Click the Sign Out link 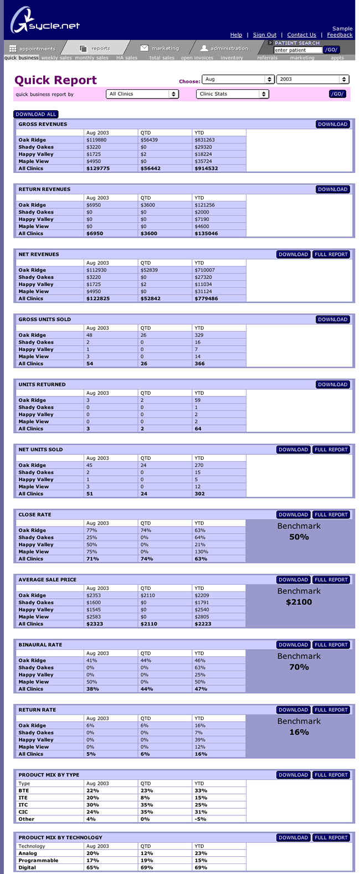click(265, 35)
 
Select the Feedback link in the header click(340, 35)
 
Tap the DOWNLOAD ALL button click(36, 114)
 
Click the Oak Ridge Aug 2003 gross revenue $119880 click(96, 140)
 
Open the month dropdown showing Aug click(238, 79)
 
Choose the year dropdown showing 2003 click(312, 79)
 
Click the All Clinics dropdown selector click(142, 94)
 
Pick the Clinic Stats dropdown click(233, 94)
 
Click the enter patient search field click(297, 50)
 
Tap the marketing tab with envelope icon click(160, 48)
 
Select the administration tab click(224, 48)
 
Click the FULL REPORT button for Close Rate click(331, 515)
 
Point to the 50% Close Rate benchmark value click(299, 537)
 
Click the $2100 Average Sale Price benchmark click(299, 602)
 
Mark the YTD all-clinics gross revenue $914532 click(206, 168)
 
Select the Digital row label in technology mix click(27, 867)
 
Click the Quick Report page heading click(55, 80)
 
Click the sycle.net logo click(44, 22)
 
